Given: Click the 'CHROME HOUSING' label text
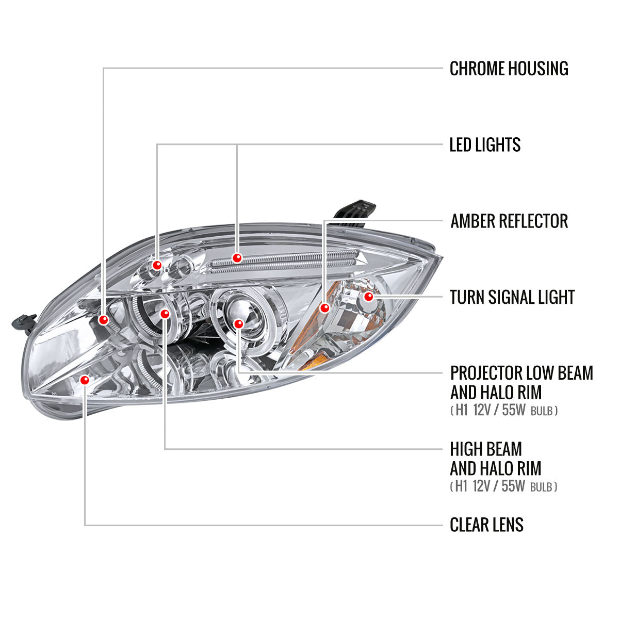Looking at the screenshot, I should [x=509, y=69].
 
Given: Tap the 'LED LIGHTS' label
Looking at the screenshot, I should [x=485, y=145].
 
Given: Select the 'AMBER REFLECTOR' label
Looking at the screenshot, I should [x=509, y=221].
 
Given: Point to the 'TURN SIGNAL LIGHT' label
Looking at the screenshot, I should [x=512, y=298].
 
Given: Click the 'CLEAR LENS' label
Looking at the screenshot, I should [x=486, y=525].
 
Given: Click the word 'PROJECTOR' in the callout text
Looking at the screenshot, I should [x=485, y=373].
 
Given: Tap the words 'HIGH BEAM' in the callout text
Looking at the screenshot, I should [x=486, y=449].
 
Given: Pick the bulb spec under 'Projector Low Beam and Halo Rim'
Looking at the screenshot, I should [x=503, y=411].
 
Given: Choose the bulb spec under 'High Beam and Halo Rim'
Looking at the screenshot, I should [x=503, y=486].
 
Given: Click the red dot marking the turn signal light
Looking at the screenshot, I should [x=368, y=297].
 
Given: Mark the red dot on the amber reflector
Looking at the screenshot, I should [x=324, y=308].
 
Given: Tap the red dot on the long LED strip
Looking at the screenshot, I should [x=237, y=257].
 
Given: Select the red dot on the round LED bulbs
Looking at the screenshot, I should [x=157, y=265].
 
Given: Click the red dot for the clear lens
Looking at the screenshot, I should [x=85, y=380].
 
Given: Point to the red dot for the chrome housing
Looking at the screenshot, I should [x=104, y=320].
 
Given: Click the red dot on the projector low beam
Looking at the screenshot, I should [x=238, y=323].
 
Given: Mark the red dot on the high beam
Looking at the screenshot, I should [x=165, y=313].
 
